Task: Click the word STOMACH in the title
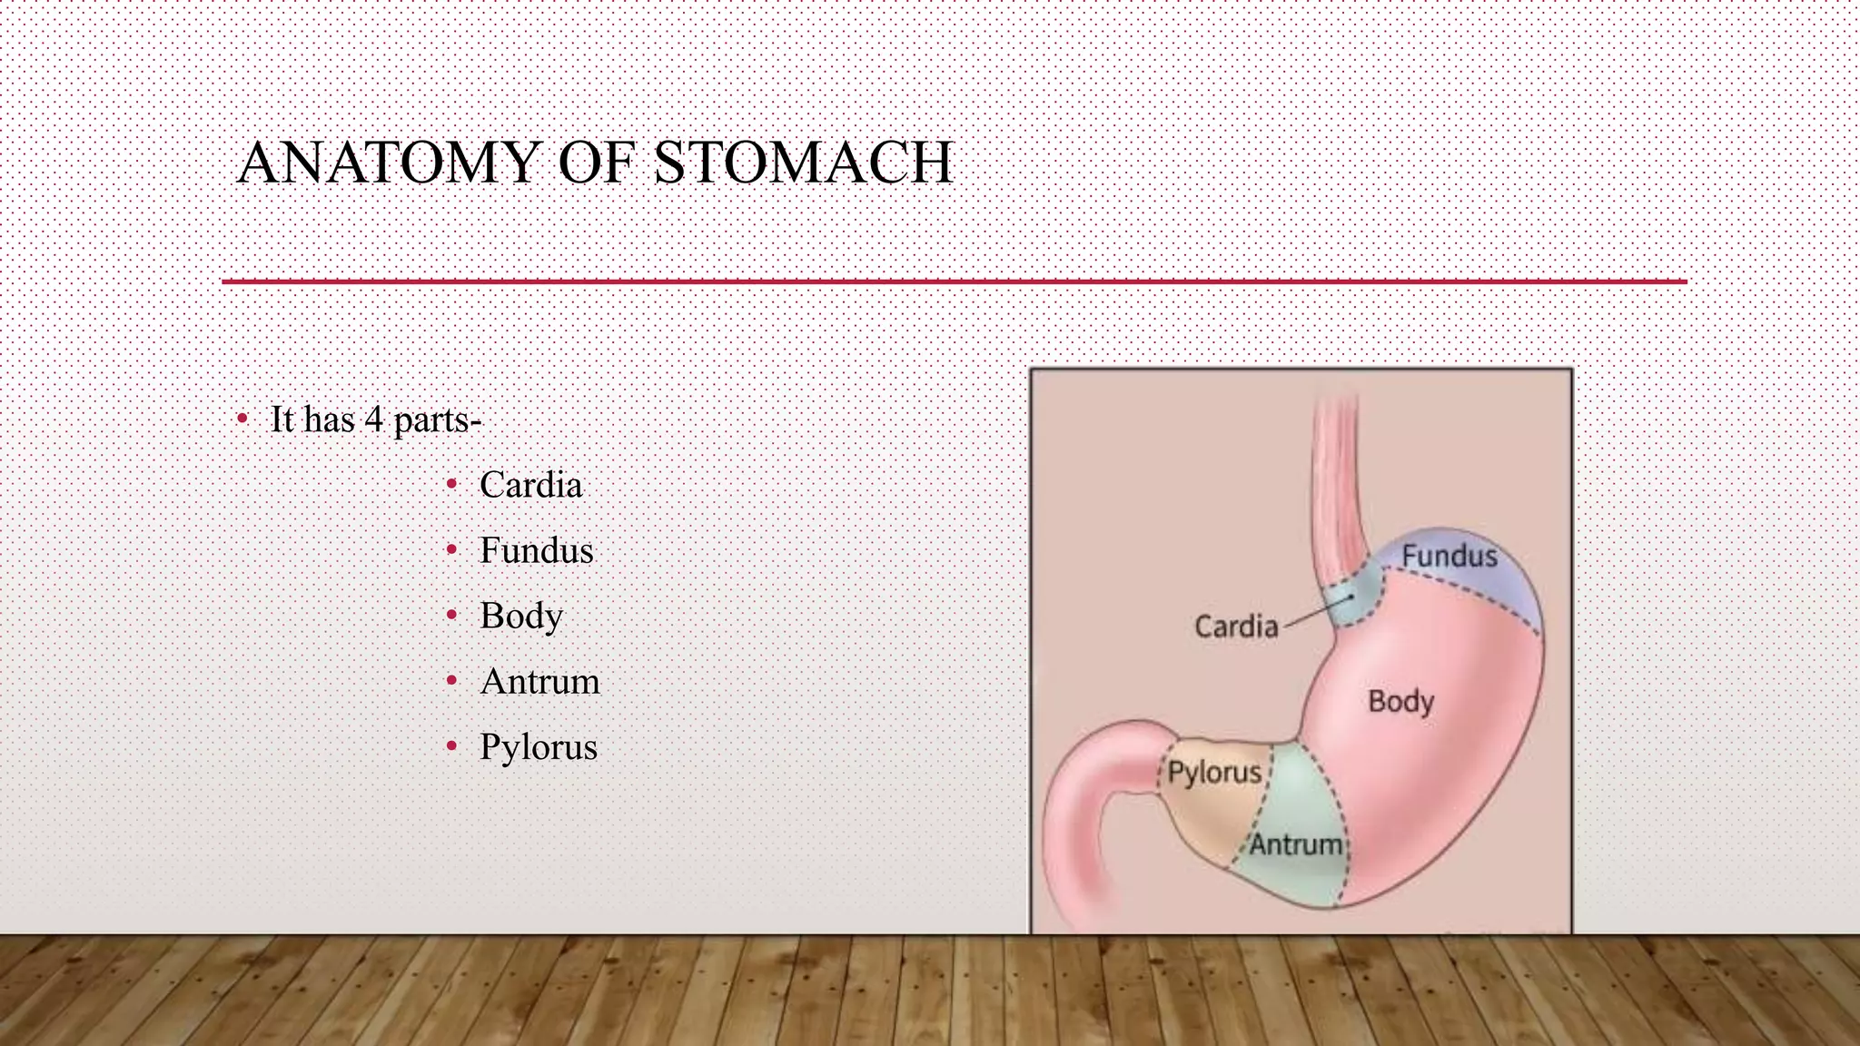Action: (803, 163)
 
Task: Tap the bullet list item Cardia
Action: (530, 485)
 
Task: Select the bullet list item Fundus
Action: (536, 550)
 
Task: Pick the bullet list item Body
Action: (521, 617)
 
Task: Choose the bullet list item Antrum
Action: (539, 682)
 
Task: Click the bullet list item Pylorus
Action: (539, 747)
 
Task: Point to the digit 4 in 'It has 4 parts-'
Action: (373, 419)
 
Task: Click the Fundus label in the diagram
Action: (1449, 556)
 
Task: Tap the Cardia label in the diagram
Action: (1235, 627)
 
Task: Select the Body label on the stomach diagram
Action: (1400, 701)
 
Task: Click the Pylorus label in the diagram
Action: (1214, 773)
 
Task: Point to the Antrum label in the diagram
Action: (1296, 844)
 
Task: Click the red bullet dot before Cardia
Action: (451, 485)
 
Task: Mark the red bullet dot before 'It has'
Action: (242, 419)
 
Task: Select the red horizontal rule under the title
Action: (954, 281)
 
